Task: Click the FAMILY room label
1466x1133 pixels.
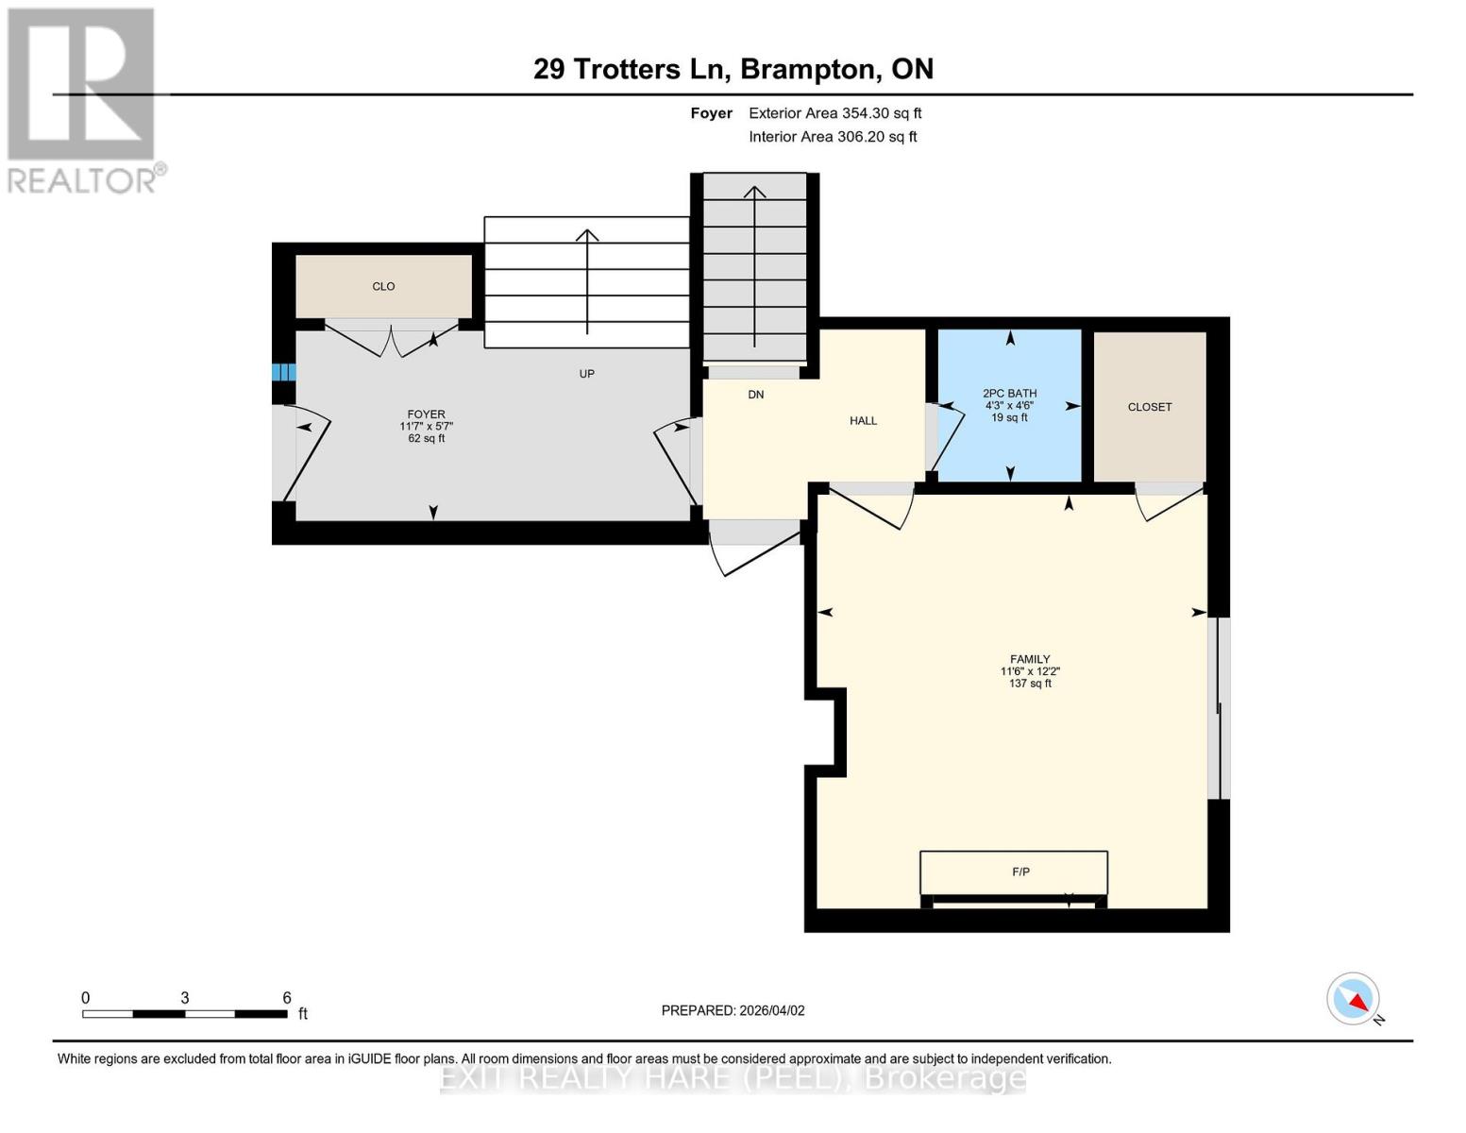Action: point(1030,659)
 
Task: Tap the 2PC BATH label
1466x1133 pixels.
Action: point(1009,394)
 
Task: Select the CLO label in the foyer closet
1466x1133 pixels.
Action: point(383,286)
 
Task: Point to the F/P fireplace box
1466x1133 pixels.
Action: point(1014,872)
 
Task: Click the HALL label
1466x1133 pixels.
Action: point(863,421)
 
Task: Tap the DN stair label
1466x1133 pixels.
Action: point(756,395)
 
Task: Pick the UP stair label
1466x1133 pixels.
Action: point(586,374)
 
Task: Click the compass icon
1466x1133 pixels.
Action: point(1353,999)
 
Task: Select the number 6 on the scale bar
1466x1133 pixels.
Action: point(287,998)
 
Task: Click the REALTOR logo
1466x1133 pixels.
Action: point(83,99)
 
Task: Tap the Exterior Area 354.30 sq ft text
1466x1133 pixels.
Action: point(834,113)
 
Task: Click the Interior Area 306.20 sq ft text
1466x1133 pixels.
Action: point(833,137)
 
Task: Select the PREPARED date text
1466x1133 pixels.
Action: point(733,1010)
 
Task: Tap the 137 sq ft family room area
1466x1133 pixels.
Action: point(1030,684)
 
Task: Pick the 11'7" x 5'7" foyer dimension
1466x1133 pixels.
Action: point(426,427)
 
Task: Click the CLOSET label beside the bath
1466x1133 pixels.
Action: point(1149,407)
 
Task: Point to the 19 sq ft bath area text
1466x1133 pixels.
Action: point(1009,417)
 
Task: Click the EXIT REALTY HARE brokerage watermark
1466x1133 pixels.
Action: point(733,1078)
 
